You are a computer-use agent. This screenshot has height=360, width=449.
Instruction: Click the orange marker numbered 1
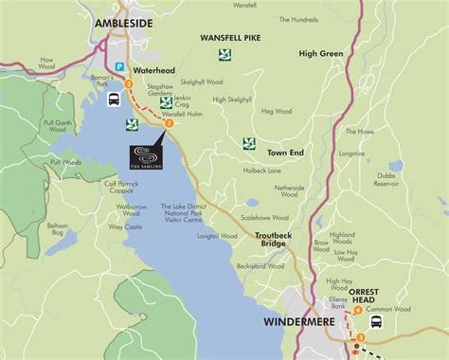pos(169,122)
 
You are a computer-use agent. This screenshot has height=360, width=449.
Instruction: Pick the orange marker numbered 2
pos(128,83)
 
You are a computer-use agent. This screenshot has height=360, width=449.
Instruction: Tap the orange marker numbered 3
pos(361,337)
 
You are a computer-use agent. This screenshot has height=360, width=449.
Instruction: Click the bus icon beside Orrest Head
pos(376,321)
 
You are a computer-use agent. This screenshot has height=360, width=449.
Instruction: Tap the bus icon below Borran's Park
pos(113,99)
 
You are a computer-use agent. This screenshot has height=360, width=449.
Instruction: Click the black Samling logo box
pos(146,156)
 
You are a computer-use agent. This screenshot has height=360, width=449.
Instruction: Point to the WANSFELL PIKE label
pos(232,37)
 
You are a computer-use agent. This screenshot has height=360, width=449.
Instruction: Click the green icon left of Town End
pos(248,144)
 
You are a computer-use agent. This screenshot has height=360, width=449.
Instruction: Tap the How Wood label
pos(47,64)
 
